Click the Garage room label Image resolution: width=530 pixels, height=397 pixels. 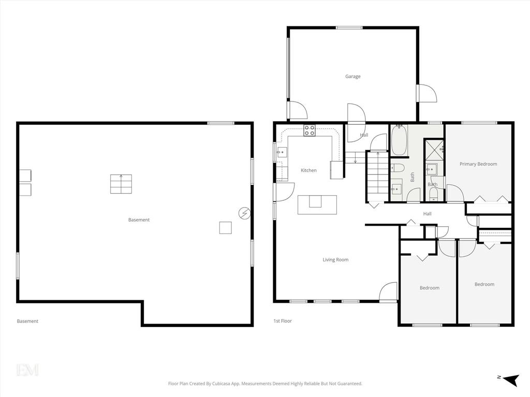(x=352, y=77)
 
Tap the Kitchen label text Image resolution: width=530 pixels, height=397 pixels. (x=308, y=170)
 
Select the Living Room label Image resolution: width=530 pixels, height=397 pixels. (x=335, y=260)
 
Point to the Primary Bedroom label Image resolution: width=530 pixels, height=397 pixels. (x=478, y=164)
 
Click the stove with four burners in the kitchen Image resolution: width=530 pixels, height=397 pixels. (x=310, y=130)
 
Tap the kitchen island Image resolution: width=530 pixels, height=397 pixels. (x=317, y=204)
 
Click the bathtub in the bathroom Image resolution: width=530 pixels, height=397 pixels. (x=399, y=140)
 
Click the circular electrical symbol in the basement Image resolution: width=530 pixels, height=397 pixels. (x=244, y=213)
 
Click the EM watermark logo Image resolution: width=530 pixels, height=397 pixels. (x=27, y=370)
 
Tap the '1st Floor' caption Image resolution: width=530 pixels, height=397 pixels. (x=283, y=321)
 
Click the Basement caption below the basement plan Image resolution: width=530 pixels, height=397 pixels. (x=27, y=321)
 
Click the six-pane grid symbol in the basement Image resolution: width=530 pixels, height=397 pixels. (x=121, y=184)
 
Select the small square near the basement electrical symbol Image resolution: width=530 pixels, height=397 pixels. (x=226, y=228)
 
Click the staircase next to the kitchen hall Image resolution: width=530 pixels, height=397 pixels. (x=376, y=177)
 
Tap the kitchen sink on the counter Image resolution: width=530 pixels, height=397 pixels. (x=282, y=152)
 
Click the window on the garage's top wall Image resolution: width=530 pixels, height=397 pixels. (x=349, y=28)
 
